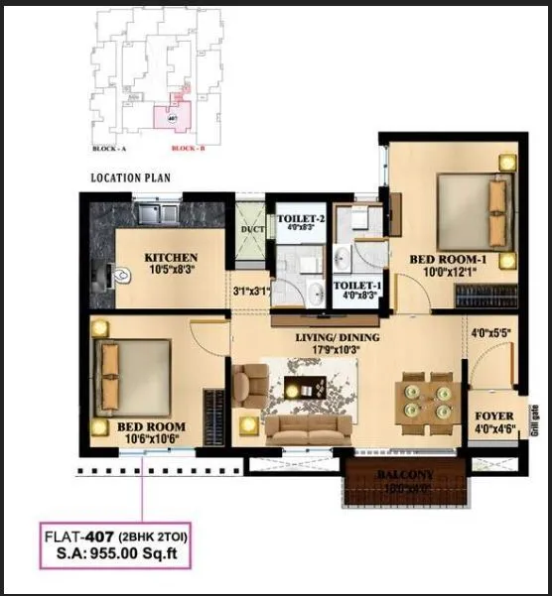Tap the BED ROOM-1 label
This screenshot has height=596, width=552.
point(448,260)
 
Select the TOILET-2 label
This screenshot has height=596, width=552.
point(301,218)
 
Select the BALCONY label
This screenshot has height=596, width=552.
point(404,476)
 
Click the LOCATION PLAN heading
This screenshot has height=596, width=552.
point(131,179)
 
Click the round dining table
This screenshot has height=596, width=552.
point(424,400)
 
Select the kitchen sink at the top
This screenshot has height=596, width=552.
point(157,211)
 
